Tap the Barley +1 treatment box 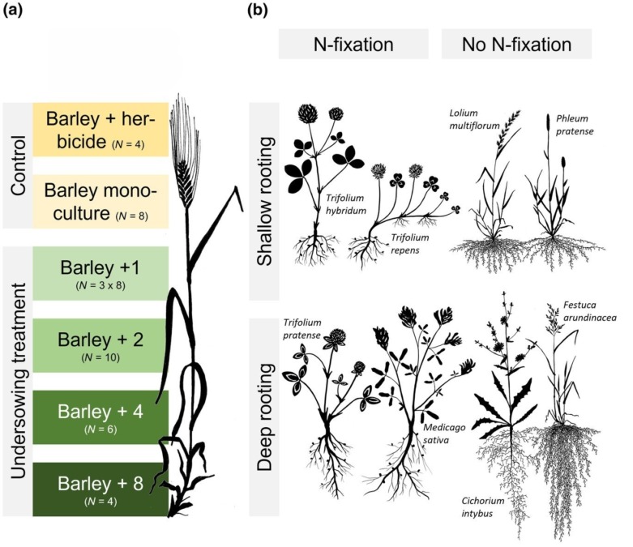(x=100, y=274)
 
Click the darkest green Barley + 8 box (x=100, y=489)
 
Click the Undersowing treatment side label (x=16, y=381)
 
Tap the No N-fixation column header (x=516, y=45)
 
